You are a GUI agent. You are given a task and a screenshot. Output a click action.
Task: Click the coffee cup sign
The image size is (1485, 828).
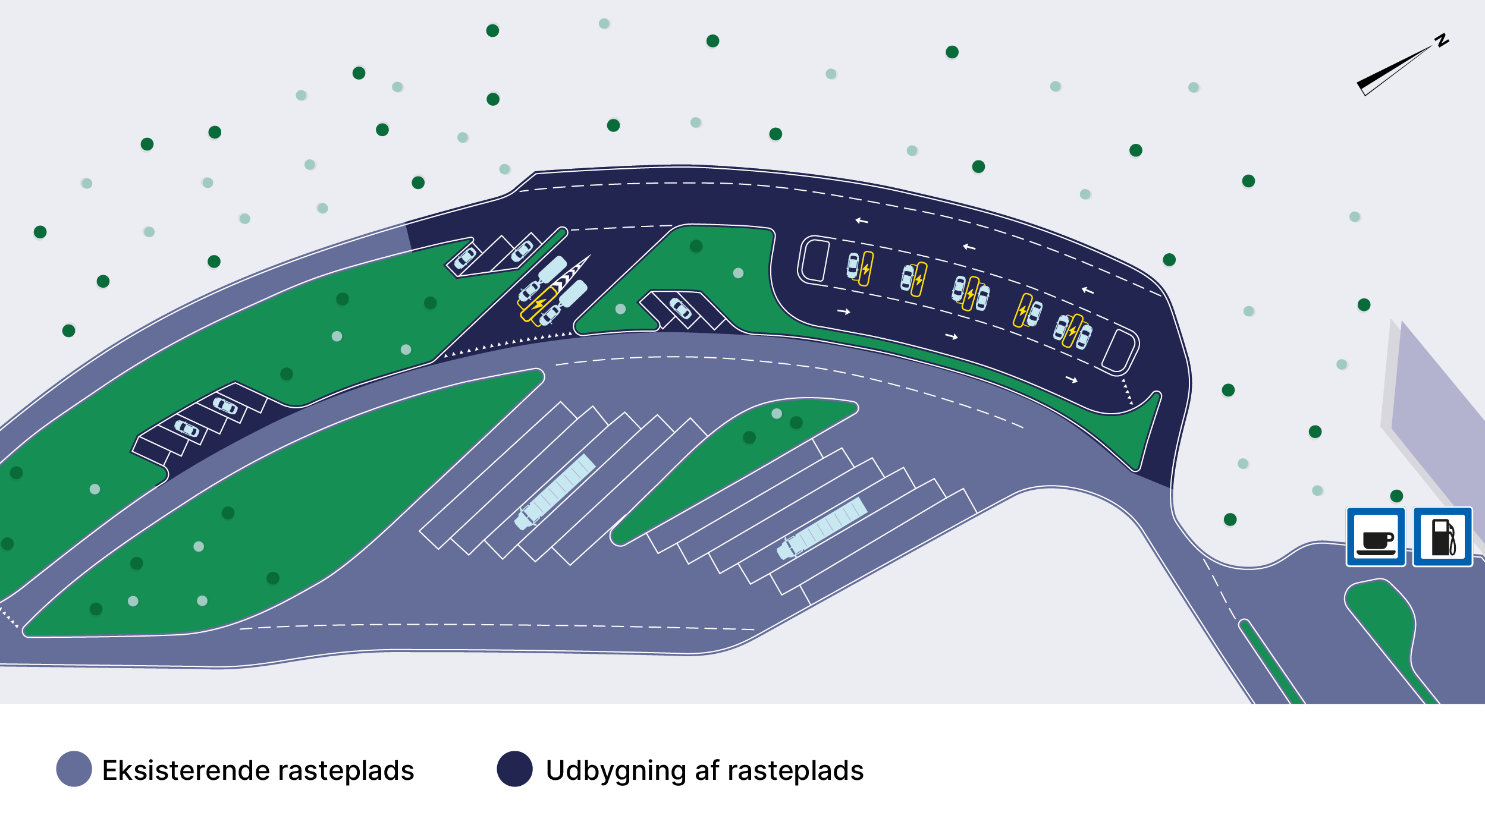[1376, 537]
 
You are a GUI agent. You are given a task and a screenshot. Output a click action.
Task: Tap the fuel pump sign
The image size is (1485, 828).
[1442, 537]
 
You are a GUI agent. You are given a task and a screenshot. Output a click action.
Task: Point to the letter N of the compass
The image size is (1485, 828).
[1442, 40]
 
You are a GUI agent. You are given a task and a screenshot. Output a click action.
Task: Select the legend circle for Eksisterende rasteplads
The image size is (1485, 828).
[74, 769]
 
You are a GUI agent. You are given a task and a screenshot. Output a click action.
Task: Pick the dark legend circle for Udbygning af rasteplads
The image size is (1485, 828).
[514, 769]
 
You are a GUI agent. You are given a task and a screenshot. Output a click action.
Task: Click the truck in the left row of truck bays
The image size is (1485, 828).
[555, 492]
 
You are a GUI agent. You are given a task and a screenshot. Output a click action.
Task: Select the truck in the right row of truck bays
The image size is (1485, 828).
[822, 528]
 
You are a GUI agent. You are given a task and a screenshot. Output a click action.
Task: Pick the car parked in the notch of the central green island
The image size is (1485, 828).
[680, 308]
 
